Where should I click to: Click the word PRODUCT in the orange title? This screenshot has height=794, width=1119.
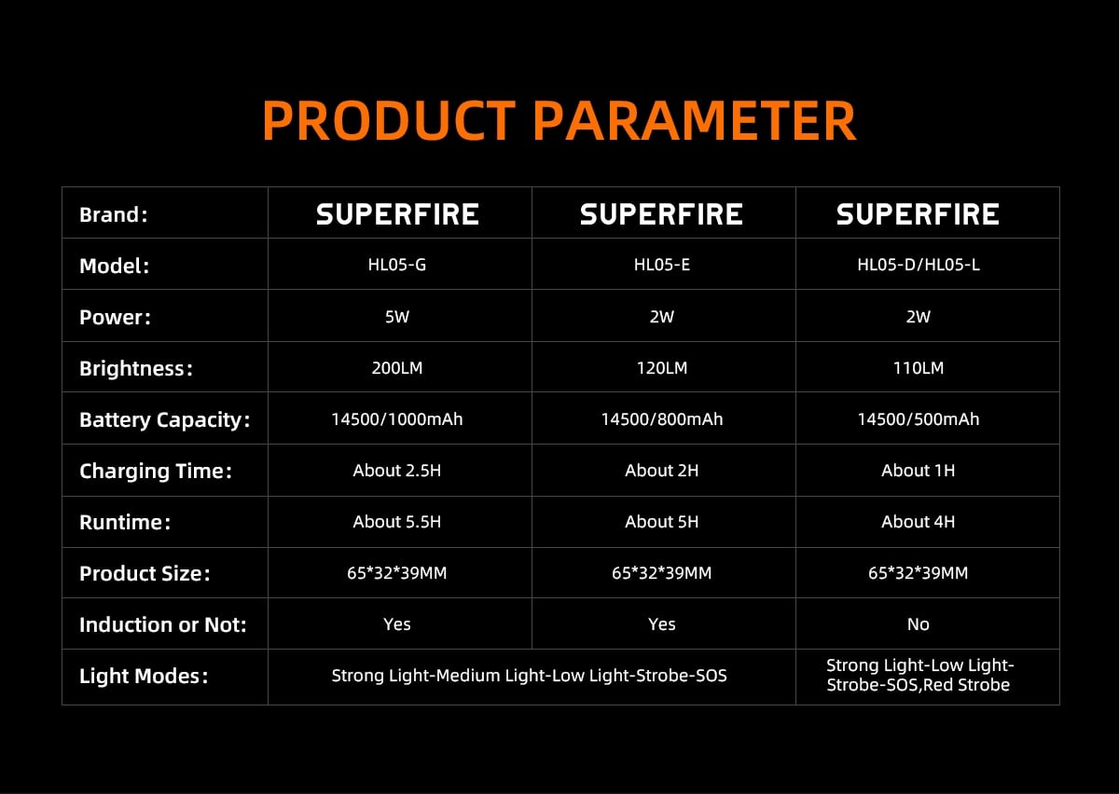389,121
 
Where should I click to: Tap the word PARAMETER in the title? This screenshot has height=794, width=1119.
695,121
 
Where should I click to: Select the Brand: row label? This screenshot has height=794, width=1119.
114,214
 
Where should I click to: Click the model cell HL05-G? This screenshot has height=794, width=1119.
397,265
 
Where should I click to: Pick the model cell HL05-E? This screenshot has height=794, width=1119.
662,265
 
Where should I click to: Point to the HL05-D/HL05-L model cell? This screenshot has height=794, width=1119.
919,265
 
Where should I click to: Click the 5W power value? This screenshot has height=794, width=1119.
397,317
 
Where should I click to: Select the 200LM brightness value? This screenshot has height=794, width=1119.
397,368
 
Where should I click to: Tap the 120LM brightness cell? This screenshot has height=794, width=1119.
662,368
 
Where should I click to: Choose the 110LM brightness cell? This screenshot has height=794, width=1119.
919,368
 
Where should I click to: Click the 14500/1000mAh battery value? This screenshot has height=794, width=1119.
397,419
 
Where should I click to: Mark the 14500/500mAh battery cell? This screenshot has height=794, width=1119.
919,419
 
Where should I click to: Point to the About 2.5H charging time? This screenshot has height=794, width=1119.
397,471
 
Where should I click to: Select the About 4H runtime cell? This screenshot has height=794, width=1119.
919,522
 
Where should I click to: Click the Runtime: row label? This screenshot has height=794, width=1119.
125,522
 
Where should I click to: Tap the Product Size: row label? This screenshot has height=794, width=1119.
145,574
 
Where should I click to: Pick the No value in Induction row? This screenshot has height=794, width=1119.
919,624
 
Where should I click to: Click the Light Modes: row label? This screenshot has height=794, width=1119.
144,677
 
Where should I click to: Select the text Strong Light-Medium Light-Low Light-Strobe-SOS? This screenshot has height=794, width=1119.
530,676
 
